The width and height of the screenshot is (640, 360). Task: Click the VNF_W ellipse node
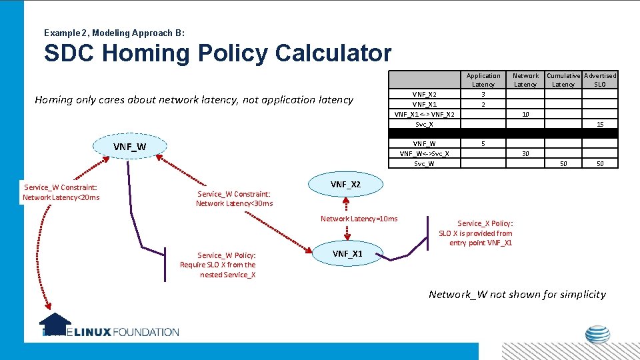129,147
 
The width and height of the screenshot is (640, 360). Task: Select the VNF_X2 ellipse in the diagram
346,184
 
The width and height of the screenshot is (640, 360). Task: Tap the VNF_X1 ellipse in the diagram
347,253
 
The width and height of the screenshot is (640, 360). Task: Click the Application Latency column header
483,80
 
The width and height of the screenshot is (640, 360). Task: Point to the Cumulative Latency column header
563,80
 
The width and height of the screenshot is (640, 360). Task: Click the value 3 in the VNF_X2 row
483,95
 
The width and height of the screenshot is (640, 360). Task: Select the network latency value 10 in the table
525,114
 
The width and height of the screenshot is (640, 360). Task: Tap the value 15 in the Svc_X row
600,124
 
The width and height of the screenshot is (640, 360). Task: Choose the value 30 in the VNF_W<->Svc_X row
525,153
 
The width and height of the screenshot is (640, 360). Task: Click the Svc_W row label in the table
424,163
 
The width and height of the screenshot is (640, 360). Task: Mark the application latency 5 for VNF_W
483,143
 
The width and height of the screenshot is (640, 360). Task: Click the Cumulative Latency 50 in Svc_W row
563,163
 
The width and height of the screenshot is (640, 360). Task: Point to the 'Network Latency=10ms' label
359,219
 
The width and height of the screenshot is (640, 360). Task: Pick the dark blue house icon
55,323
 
